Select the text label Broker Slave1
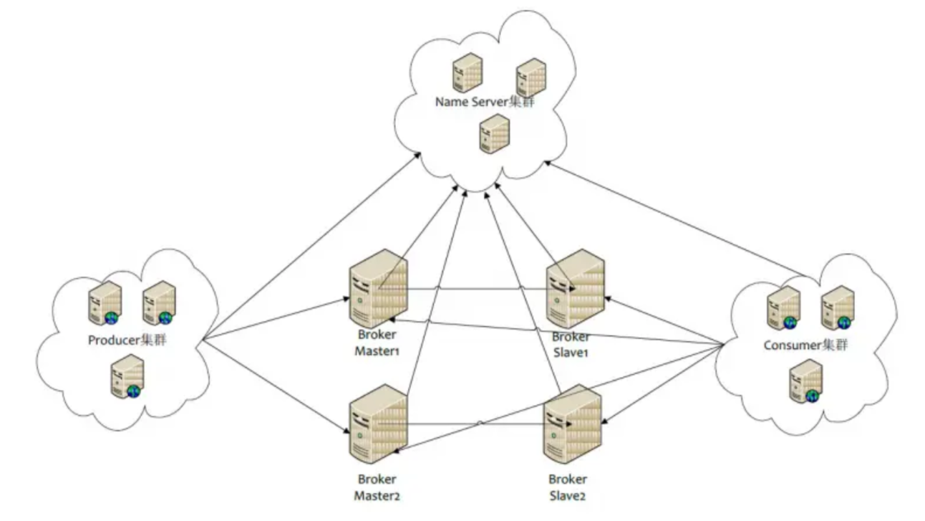point(571,345)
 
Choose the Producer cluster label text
point(126,340)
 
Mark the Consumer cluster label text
point(805,345)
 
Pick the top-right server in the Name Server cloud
point(531,77)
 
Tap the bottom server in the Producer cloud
point(127,377)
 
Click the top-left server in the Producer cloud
point(102,305)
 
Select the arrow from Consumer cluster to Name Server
point(673,219)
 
